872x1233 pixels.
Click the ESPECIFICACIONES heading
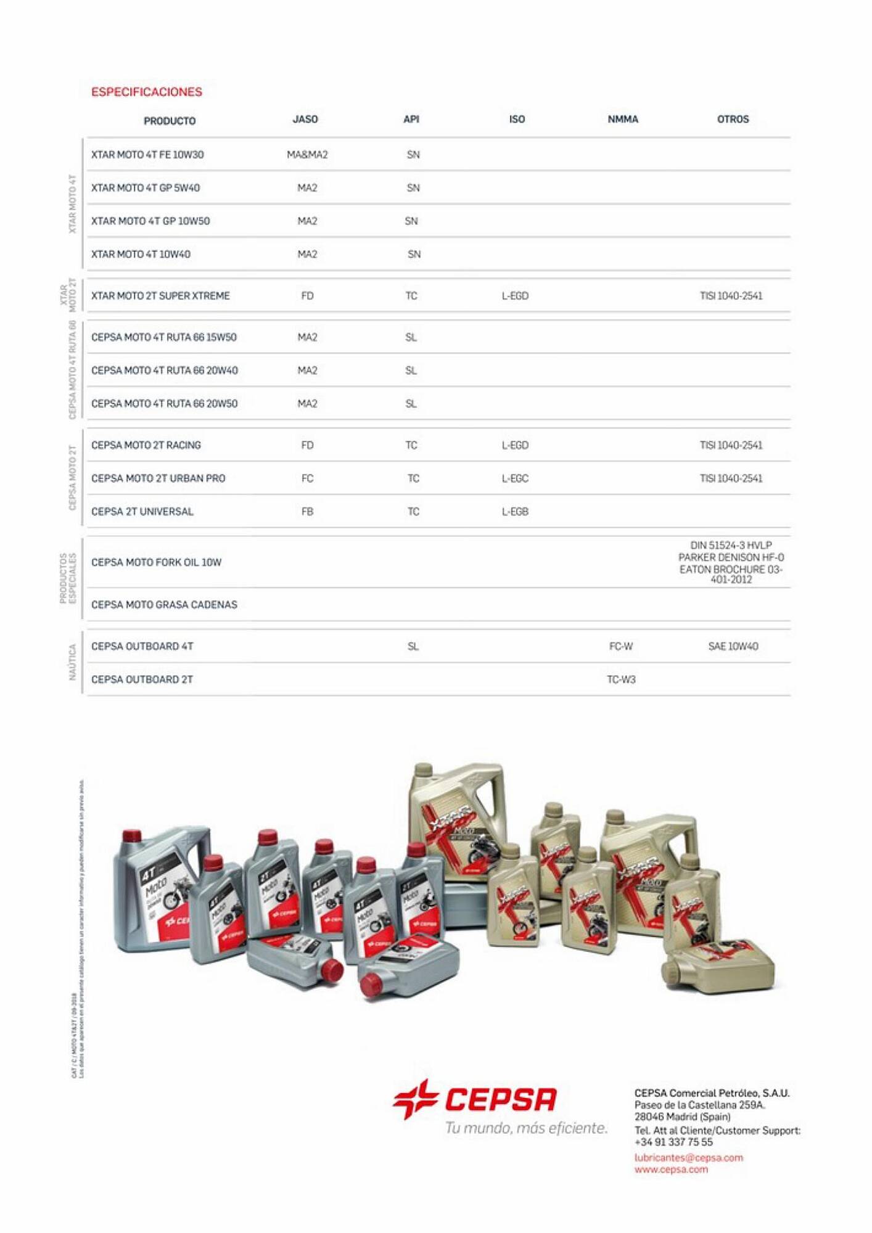146,92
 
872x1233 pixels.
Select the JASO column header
305,119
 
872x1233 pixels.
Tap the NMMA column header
623,119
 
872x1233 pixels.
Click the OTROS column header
733,119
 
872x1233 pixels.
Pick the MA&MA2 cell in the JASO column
307,155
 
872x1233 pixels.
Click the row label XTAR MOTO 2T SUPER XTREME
160,296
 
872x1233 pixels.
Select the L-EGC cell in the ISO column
515,478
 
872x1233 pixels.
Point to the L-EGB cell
515,512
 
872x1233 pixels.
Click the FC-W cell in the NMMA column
621,646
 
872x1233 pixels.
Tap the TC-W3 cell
621,679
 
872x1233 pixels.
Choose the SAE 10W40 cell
733,646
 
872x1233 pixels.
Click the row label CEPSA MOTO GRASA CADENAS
164,605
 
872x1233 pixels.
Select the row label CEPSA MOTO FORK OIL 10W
156,562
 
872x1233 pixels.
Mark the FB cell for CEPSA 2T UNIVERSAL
307,512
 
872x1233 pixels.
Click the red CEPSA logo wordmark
500,1100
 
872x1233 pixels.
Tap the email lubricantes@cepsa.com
688,1158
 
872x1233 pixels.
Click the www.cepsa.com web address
671,1170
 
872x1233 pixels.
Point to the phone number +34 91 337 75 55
673,1142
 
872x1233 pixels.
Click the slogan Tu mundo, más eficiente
526,1128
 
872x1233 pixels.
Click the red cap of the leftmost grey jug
132,836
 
